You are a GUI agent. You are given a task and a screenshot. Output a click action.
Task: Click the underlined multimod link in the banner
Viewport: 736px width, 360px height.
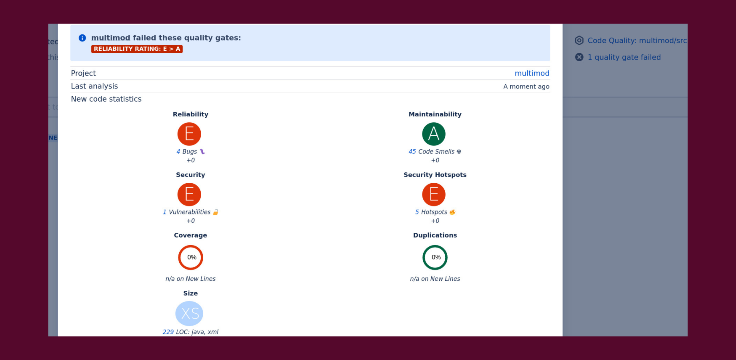110,38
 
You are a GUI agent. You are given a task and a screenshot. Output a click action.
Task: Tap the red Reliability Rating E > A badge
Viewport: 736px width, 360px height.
137,49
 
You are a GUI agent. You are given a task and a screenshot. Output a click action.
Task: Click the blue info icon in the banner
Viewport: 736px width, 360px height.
82,38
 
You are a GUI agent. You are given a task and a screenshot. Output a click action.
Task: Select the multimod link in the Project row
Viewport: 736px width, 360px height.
532,73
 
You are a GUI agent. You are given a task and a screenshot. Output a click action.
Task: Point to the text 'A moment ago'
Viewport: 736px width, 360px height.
526,86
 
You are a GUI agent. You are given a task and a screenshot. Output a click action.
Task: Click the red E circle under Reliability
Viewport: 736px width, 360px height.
189,134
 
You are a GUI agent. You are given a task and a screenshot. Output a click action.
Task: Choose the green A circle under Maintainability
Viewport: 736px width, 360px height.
434,134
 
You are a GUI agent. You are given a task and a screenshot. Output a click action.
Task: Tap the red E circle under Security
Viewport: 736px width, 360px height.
189,194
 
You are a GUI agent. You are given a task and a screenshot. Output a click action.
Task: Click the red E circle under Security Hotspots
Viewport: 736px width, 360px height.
434,194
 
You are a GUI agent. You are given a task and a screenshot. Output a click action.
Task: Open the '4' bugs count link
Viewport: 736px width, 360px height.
178,152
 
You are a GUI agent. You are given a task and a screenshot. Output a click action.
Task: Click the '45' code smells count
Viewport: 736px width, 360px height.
412,152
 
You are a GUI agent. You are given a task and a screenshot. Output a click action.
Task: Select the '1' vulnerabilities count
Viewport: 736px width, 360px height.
164,212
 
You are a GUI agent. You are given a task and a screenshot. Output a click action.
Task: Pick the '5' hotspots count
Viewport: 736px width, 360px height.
417,212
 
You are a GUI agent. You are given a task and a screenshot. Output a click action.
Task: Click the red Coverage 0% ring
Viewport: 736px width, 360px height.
191,258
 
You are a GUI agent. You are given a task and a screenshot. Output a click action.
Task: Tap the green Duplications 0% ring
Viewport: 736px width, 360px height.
435,258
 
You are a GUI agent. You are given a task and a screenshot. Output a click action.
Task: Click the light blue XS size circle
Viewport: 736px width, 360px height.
190,314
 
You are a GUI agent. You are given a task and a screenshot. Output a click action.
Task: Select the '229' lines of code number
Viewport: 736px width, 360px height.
168,332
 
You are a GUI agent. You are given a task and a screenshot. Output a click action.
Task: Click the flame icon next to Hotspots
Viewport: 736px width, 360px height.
452,212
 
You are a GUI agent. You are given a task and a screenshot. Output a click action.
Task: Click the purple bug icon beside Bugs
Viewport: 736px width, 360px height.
202,152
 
